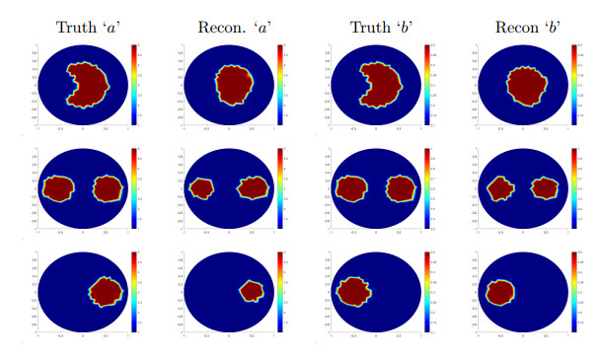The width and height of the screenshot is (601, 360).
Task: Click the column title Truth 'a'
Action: tap(82, 27)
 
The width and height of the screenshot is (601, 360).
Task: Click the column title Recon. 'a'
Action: tap(228, 27)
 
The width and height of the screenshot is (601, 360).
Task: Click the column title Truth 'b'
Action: tap(377, 27)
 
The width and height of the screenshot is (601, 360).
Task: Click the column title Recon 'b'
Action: tap(521, 27)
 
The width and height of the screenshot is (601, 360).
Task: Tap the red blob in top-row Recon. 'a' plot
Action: tap(232, 85)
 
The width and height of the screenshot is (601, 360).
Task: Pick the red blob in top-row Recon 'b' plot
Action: tap(524, 84)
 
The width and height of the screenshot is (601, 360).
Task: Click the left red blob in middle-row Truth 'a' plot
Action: tap(59, 187)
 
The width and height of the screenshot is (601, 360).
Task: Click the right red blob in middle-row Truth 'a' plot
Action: tap(110, 187)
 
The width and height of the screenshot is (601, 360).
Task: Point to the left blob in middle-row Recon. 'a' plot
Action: tap(202, 187)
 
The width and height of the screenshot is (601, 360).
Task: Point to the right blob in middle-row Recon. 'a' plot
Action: tap(254, 186)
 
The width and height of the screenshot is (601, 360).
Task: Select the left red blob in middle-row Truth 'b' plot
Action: tap(351, 187)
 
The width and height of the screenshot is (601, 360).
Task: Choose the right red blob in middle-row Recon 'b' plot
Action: tap(545, 186)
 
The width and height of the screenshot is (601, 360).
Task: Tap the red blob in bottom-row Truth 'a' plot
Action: tap(107, 290)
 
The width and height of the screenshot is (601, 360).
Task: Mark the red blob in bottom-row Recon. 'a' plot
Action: tap(253, 290)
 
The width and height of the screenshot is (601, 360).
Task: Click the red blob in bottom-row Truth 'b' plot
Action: tap(353, 291)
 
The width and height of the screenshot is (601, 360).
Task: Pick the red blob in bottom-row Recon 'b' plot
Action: tap(500, 291)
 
